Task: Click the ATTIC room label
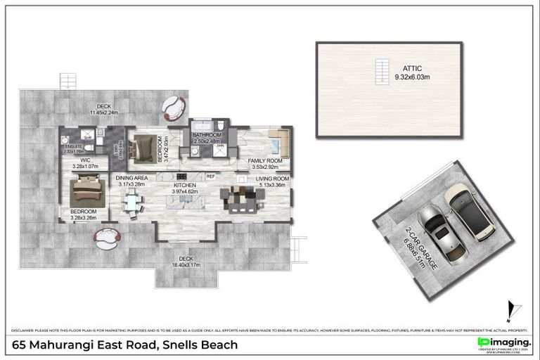pos(393,68)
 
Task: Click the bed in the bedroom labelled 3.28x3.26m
pos(88,192)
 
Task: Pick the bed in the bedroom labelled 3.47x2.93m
pos(145,146)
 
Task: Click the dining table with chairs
pos(131,201)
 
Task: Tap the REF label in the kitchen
pos(210,176)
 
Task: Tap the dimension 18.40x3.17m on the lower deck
pos(185,265)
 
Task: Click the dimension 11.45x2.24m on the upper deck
pos(104,112)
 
